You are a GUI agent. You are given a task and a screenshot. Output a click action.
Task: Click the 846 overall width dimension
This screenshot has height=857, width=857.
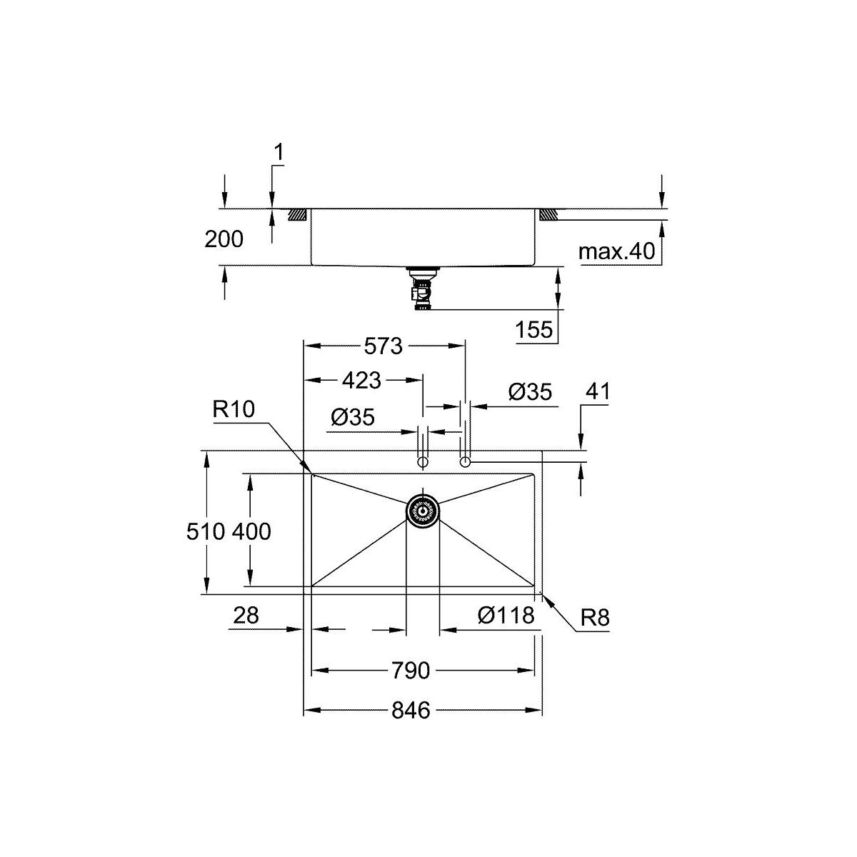click(411, 710)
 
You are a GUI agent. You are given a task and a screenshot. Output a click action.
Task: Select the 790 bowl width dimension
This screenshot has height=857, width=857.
click(411, 670)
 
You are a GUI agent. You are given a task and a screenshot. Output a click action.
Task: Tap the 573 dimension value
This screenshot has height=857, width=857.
click(383, 346)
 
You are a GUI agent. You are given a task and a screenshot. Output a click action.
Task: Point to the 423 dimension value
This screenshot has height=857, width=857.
click(361, 380)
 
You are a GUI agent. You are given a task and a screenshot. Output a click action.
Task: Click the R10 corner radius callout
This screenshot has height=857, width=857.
click(234, 409)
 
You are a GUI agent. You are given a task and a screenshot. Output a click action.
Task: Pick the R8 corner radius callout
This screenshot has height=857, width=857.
click(595, 617)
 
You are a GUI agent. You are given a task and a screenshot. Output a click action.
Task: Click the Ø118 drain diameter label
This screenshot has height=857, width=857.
click(506, 616)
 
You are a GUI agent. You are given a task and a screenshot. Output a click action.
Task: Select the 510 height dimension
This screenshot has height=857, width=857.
click(206, 531)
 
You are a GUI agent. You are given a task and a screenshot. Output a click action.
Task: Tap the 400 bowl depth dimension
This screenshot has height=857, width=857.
click(251, 531)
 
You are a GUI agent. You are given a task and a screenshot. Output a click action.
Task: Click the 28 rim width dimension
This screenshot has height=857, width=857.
click(246, 616)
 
